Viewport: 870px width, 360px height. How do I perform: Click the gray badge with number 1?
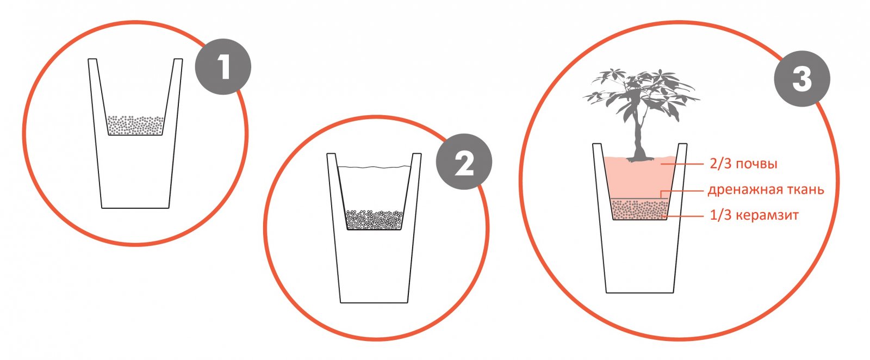click(x=223, y=66)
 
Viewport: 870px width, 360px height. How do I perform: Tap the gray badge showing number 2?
click(x=464, y=162)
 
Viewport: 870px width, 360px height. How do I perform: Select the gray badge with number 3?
click(x=803, y=79)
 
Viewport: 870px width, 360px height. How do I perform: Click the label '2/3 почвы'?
click(x=743, y=164)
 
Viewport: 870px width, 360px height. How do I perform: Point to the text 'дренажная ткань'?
click(x=766, y=189)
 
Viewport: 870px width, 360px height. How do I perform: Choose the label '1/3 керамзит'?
click(x=754, y=215)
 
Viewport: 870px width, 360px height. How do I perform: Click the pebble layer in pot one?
click(x=135, y=125)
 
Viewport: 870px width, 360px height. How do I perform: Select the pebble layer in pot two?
click(x=374, y=219)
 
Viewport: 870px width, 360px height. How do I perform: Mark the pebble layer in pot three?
click(x=640, y=209)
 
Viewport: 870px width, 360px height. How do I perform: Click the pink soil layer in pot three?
click(x=639, y=177)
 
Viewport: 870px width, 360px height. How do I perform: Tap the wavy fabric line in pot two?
click(x=374, y=167)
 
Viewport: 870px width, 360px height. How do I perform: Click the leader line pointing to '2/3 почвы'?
click(x=682, y=164)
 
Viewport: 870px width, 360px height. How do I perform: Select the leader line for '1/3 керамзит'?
click(x=684, y=215)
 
